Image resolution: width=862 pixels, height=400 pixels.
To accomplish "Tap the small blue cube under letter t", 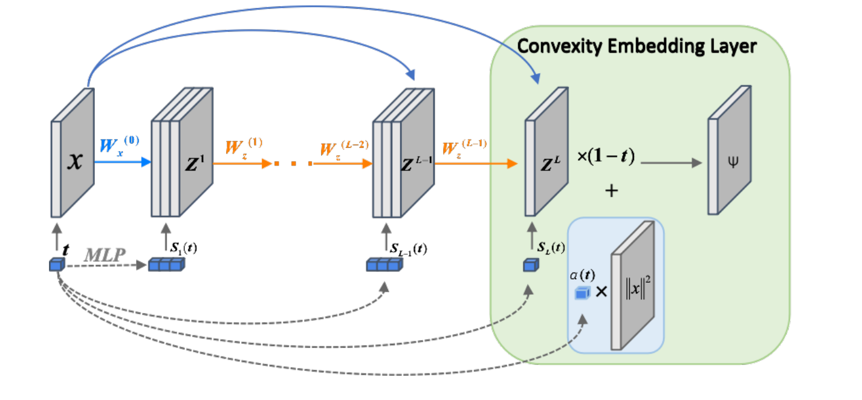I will click(57, 265).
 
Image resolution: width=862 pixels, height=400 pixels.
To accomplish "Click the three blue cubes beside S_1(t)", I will click(166, 265).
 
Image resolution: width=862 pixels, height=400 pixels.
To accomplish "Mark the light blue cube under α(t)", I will click(582, 293).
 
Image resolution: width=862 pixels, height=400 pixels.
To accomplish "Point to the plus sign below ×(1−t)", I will click(612, 191).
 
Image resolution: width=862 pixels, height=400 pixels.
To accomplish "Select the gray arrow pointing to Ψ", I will click(671, 163).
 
